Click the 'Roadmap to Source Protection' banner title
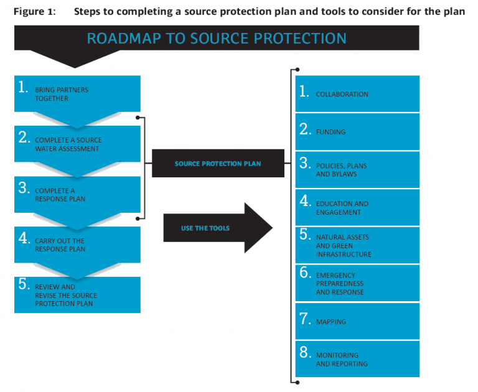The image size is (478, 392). [x=216, y=39]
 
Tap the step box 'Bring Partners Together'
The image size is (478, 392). [x=77, y=94]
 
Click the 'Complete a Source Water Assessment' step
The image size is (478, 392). [x=77, y=144]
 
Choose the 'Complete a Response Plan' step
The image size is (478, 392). [x=77, y=195]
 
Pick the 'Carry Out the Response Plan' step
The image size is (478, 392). [x=77, y=245]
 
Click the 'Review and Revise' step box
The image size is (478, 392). [x=77, y=295]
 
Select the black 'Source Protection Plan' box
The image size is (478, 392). [x=218, y=164]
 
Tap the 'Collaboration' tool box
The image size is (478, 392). [x=357, y=94]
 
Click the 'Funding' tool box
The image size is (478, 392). [x=357, y=132]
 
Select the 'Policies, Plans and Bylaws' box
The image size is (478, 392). [x=357, y=170]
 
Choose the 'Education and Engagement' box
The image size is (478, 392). [x=357, y=208]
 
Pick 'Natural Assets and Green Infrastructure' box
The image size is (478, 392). [x=357, y=245]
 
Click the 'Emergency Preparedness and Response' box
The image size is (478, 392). [x=357, y=283]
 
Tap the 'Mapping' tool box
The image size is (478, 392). [x=357, y=321]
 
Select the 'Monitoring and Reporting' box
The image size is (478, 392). [x=357, y=359]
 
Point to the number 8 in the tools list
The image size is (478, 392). [x=304, y=353]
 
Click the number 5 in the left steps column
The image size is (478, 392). [x=24, y=284]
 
